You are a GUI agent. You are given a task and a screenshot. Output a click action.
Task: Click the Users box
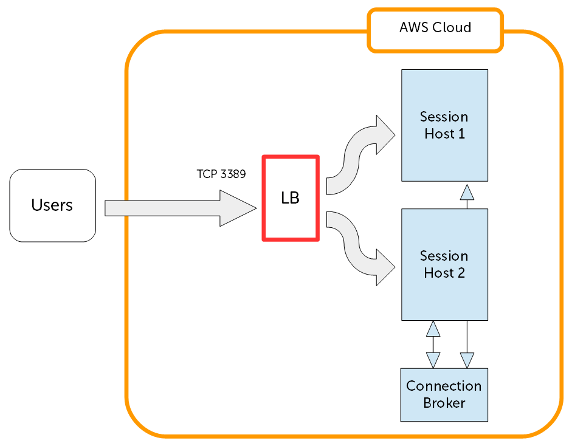click(x=53, y=205)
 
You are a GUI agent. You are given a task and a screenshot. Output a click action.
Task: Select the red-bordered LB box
click(x=291, y=199)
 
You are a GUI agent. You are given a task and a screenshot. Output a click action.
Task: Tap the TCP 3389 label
click(x=221, y=174)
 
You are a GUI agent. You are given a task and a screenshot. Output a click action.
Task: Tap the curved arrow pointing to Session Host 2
click(x=359, y=249)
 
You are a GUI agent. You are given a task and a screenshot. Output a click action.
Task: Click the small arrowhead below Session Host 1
click(x=467, y=193)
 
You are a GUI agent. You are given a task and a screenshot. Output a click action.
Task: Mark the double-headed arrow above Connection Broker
click(x=433, y=345)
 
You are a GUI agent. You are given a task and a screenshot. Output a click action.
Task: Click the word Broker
click(x=444, y=403)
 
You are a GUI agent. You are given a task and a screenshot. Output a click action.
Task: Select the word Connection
click(x=444, y=386)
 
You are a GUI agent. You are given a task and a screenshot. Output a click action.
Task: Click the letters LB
click(x=291, y=199)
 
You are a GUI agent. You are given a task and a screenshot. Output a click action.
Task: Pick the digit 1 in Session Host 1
click(x=461, y=134)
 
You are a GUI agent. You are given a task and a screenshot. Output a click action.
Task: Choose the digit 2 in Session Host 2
click(x=461, y=273)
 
